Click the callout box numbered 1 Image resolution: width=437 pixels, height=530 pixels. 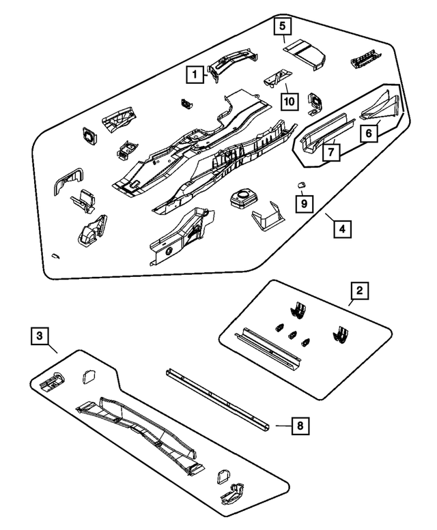pos(195,74)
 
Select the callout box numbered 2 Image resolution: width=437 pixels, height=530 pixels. pos(359,291)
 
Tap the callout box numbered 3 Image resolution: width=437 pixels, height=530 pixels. pos(40,336)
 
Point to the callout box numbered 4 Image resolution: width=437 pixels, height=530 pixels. pos(342,229)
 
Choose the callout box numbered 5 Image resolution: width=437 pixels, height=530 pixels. pos(283,26)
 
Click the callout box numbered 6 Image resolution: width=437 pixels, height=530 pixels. pos(369,133)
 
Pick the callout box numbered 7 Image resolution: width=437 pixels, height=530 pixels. pos(331,152)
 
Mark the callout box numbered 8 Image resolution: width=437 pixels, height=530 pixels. pos(300,426)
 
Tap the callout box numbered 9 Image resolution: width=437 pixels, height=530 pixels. pos(304,203)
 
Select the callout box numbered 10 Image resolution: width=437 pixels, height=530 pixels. pos(290,102)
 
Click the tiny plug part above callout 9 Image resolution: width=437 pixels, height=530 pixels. pos(300,185)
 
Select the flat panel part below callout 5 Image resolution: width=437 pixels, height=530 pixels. pos(305,54)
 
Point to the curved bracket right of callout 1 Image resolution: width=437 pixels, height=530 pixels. pos(233,63)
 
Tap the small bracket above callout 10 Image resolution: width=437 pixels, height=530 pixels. pos(277,78)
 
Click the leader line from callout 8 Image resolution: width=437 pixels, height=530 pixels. pos(284,426)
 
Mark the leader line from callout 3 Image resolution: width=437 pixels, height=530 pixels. pos(53,349)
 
